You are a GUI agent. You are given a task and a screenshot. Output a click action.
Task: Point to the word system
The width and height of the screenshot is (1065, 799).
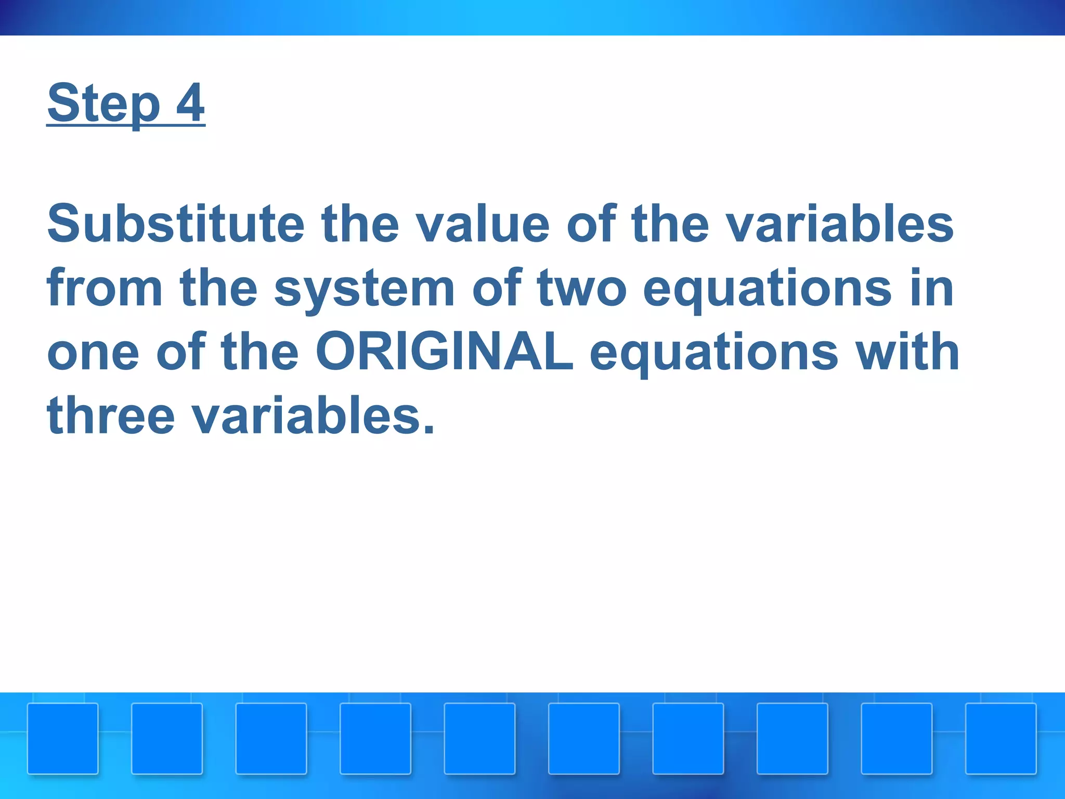click(x=364, y=289)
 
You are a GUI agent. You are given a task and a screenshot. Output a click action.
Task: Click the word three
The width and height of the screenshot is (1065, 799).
click(x=111, y=416)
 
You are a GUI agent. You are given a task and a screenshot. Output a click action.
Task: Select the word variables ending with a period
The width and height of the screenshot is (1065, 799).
click(x=313, y=416)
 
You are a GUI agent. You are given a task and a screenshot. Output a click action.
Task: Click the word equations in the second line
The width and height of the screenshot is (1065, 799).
click(x=767, y=289)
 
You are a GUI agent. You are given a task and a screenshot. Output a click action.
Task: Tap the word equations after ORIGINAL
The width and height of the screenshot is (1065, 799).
click(x=714, y=353)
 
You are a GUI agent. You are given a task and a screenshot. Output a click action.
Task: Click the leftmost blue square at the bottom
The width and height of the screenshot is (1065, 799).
click(x=63, y=739)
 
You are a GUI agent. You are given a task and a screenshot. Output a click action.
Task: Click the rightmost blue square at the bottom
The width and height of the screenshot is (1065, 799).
click(x=1001, y=739)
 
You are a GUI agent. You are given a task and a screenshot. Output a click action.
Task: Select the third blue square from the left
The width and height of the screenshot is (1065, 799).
click(x=271, y=739)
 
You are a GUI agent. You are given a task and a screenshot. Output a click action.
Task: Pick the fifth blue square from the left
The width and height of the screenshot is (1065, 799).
click(x=479, y=739)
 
